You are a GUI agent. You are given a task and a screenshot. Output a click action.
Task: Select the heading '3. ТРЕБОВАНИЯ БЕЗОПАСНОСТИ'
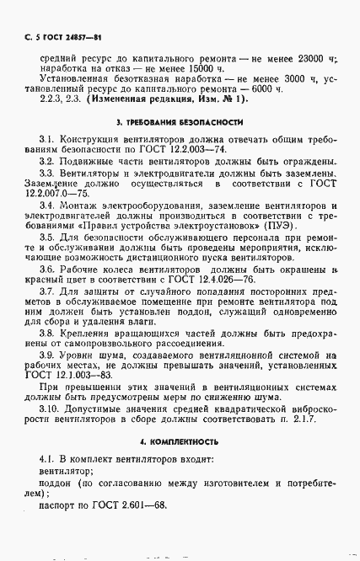click(x=180, y=145)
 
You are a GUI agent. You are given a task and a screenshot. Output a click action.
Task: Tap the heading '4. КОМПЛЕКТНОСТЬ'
click(x=180, y=441)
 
